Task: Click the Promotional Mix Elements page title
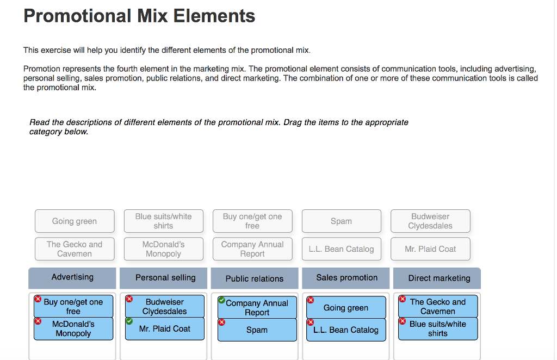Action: tap(139, 16)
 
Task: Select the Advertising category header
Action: tap(72, 277)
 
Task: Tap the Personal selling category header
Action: tap(165, 278)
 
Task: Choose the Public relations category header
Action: tap(255, 278)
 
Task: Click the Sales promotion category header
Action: tap(346, 278)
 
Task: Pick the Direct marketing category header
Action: tap(439, 278)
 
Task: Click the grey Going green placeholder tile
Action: tap(75, 221)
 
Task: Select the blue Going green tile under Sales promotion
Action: tap(346, 308)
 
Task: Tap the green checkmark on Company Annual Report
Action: tap(221, 300)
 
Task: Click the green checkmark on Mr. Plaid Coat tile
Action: tap(129, 321)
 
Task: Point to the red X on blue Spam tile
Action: tap(221, 322)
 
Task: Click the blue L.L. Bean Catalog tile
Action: tap(346, 330)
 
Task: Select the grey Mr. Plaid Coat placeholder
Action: tap(430, 249)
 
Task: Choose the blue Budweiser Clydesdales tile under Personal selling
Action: tap(165, 307)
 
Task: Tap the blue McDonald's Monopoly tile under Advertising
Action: tap(73, 329)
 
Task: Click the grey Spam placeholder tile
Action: tap(341, 221)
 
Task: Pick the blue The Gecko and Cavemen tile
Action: tap(438, 307)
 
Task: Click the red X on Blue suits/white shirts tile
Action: tap(403, 321)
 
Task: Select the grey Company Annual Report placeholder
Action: tap(252, 249)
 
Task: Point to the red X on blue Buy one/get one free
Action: tap(38, 299)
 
